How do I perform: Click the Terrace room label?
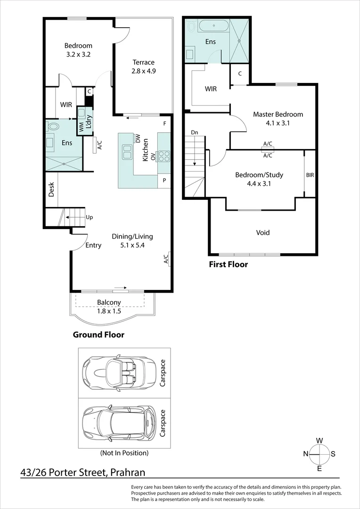tap(143, 62)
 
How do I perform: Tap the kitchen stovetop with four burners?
tap(164, 156)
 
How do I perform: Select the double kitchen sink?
tap(126, 152)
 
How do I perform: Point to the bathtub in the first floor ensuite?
tap(213, 25)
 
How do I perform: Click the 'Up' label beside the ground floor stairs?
tap(89, 217)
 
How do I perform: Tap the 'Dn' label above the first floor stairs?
tap(195, 132)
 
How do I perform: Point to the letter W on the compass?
tap(319, 441)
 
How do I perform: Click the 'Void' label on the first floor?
tap(262, 232)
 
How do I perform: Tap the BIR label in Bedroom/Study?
tap(310, 175)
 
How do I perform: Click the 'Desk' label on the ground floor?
tap(51, 189)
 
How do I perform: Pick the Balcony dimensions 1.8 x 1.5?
tap(109, 311)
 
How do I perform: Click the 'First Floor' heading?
tap(228, 264)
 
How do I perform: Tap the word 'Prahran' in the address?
tap(128, 472)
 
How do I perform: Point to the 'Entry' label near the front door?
tap(93, 246)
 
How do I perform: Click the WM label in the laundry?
tap(81, 127)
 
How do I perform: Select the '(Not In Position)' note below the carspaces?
tap(124, 452)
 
